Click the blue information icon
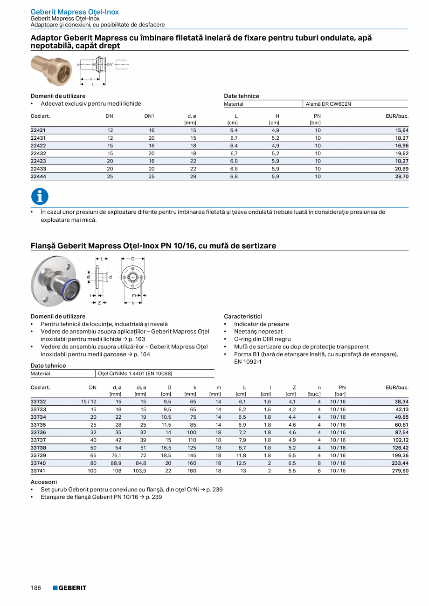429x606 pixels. pyautogui.click(x=40, y=196)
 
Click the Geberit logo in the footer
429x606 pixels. pyautogui.click(x=69, y=588)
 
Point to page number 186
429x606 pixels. pyautogui.click(x=36, y=588)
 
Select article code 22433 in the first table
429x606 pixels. pyautogui.click(x=38, y=169)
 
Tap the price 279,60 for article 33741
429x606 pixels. pyautogui.click(x=400, y=471)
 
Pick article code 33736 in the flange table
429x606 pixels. pyautogui.click(x=38, y=432)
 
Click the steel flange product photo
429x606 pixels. pyautogui.click(x=52, y=280)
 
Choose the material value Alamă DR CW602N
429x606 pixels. pyautogui.click(x=328, y=104)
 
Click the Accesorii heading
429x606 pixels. pyautogui.click(x=43, y=482)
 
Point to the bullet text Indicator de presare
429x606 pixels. pyautogui.click(x=261, y=324)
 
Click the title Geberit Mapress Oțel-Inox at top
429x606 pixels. pyautogui.click(x=75, y=12)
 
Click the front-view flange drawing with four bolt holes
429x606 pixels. pyautogui.click(x=133, y=277)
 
